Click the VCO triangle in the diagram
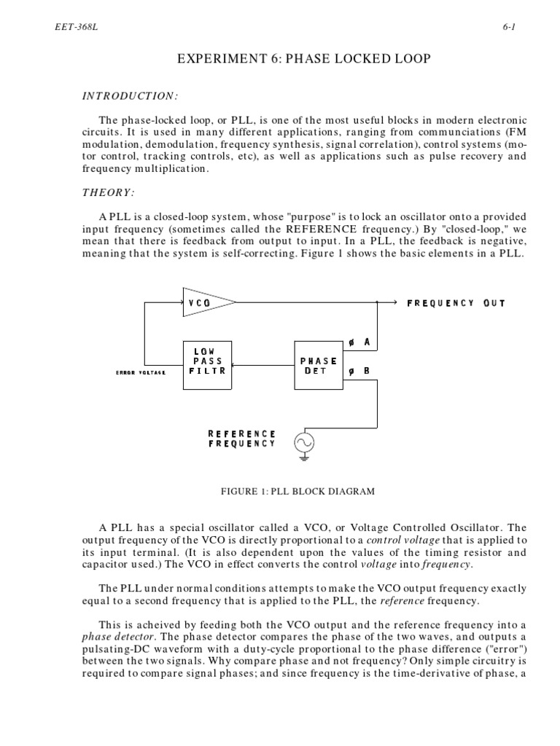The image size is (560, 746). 206,302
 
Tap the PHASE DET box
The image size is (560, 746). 319,364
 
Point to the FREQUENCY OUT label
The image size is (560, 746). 456,302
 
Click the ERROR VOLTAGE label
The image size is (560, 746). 141,372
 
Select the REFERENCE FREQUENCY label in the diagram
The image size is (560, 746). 242,438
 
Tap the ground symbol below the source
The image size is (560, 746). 304,458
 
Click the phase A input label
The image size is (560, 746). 359,342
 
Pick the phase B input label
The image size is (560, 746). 359,371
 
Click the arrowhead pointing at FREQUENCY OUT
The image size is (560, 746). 392,302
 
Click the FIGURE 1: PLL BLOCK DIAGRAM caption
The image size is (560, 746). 297,491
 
